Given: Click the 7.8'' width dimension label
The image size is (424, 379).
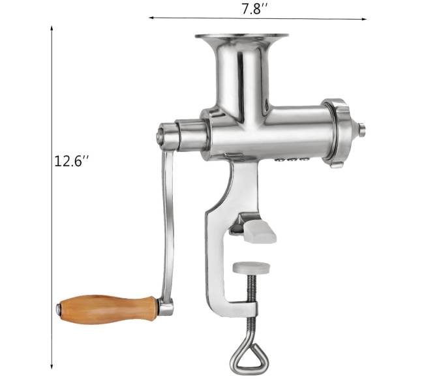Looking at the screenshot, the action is coord(254,9).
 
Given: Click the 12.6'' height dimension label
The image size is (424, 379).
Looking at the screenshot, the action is coord(71,161).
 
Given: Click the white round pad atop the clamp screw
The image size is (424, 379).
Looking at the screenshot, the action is coord(251,267).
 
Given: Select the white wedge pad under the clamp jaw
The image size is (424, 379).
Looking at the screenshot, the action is coord(260,232).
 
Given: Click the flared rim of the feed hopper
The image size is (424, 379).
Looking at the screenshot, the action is coord(241,37).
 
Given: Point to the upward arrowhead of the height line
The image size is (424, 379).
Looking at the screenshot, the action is coord(52,28).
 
